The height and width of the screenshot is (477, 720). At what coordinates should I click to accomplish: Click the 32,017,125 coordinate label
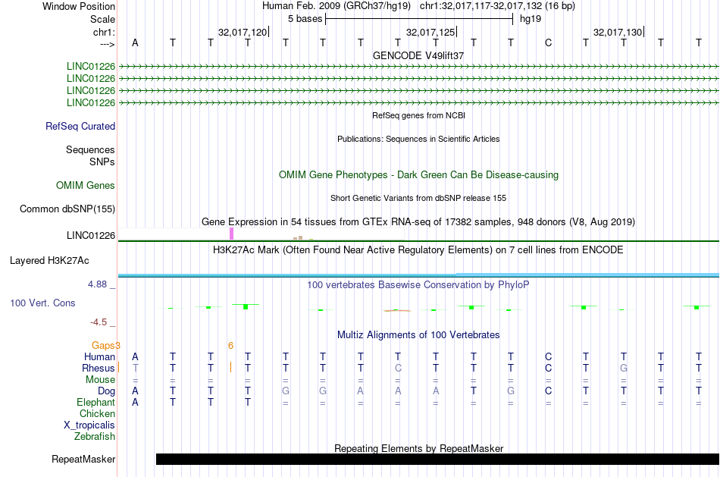point(430,32)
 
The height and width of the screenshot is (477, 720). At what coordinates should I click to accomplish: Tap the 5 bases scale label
point(305,19)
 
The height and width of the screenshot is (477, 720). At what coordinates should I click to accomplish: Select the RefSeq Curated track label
point(80,127)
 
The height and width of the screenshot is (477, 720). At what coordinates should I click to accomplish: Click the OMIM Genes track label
point(86,185)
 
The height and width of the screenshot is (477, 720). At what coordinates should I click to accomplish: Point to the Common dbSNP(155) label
point(67,209)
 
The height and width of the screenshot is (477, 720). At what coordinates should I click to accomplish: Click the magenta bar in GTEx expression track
point(231,234)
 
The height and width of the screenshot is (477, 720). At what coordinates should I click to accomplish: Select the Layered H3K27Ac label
point(49,261)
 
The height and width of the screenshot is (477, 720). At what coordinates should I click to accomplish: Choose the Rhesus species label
point(99,368)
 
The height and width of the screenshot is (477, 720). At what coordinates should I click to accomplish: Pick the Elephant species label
point(95,403)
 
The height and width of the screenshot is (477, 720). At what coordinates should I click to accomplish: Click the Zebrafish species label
point(95,437)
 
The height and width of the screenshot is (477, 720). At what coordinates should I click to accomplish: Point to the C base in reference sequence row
point(548,43)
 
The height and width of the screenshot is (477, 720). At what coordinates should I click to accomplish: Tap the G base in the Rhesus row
point(624,368)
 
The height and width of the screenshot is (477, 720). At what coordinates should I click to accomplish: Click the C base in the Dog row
point(548,391)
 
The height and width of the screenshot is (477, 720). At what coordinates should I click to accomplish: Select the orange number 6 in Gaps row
point(230,346)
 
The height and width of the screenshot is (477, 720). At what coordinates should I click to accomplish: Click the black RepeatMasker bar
point(437,459)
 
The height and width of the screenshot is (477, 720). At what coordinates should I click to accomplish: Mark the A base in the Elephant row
point(135,403)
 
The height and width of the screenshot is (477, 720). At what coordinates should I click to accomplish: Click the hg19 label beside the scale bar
point(531,19)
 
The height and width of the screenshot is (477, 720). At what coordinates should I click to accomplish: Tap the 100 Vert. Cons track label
point(42,303)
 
